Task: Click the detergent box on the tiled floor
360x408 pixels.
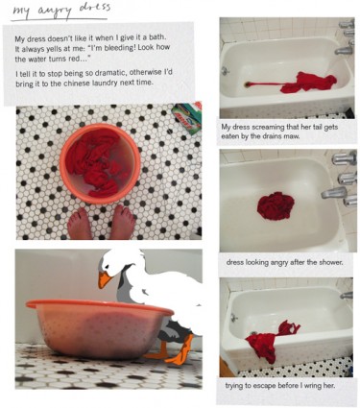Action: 187,118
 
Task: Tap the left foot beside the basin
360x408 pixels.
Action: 79,224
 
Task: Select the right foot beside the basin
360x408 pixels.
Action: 123,222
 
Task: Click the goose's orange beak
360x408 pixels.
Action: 105,279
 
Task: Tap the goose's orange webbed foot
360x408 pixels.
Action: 182,353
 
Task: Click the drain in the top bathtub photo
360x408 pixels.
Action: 248,84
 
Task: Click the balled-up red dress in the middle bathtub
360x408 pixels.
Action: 276,205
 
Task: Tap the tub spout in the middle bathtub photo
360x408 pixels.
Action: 333,193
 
